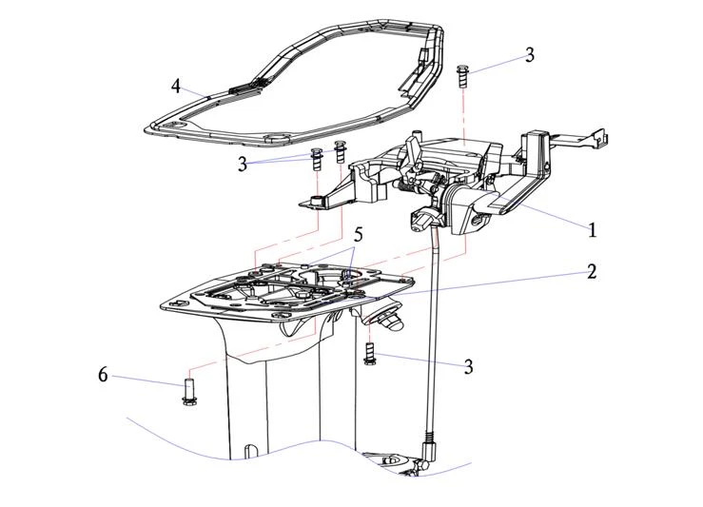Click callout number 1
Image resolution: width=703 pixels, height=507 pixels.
(593, 229)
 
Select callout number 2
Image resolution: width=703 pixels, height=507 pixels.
(592, 272)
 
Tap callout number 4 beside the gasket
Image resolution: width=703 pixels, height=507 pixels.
(176, 87)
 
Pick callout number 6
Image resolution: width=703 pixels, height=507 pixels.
(103, 375)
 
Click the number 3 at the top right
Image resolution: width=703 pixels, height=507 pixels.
(530, 55)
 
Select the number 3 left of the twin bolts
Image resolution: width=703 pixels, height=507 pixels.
(244, 164)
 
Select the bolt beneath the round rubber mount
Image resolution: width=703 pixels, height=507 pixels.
(370, 355)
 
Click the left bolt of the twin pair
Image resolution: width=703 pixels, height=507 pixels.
(318, 158)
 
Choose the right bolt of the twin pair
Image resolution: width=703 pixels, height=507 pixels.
(341, 152)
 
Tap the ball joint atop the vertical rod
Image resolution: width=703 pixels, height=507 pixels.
(420, 221)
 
